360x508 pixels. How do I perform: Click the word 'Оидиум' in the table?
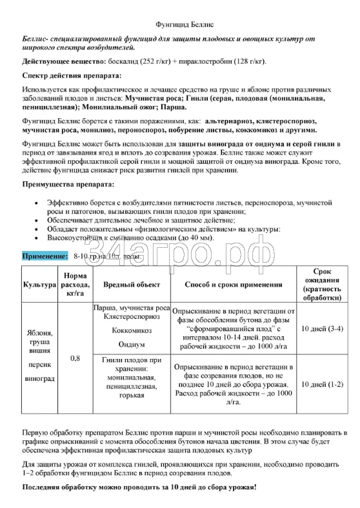click(x=131, y=344)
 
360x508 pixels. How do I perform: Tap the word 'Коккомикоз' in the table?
click(x=131, y=330)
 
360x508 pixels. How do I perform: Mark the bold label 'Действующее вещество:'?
click(x=63, y=61)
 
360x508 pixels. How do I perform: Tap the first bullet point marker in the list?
click(x=43, y=203)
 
